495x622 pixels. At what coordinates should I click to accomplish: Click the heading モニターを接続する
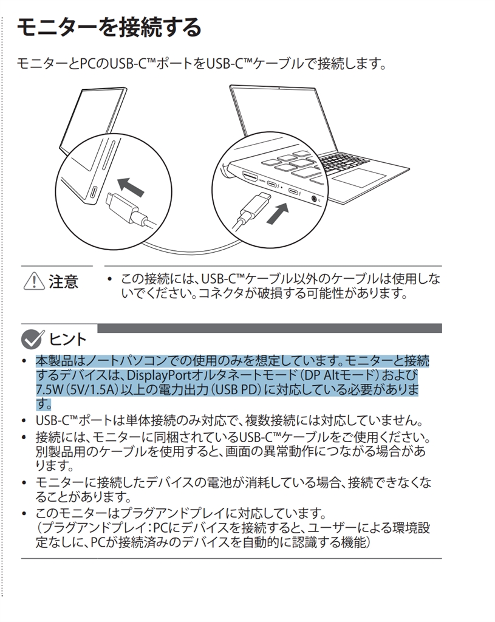[x=109, y=28]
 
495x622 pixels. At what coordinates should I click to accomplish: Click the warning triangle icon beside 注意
[x=34, y=281]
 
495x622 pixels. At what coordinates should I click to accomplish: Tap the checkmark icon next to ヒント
[x=32, y=340]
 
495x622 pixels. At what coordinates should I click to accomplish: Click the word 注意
[x=63, y=282]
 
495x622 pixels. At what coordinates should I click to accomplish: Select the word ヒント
[x=67, y=340]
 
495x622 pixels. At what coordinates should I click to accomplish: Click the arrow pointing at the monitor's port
[x=131, y=187]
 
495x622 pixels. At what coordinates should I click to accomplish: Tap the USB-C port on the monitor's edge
[x=94, y=193]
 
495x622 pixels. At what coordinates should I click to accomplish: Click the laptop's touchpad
[x=360, y=177]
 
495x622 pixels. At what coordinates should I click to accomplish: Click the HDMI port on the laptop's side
[x=250, y=177]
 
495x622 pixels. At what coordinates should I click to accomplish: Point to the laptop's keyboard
[x=344, y=160]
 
